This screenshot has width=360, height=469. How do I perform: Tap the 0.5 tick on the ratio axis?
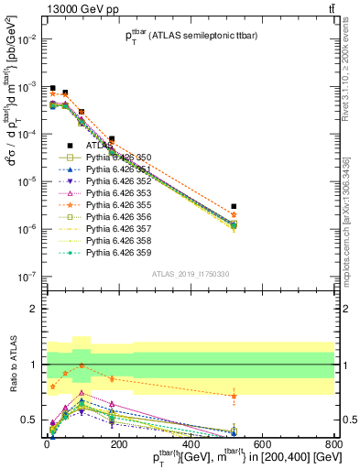tap(29, 420)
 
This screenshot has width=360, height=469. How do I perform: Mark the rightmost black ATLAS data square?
tap(234, 207)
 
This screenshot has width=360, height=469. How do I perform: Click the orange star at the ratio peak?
tap(83, 365)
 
